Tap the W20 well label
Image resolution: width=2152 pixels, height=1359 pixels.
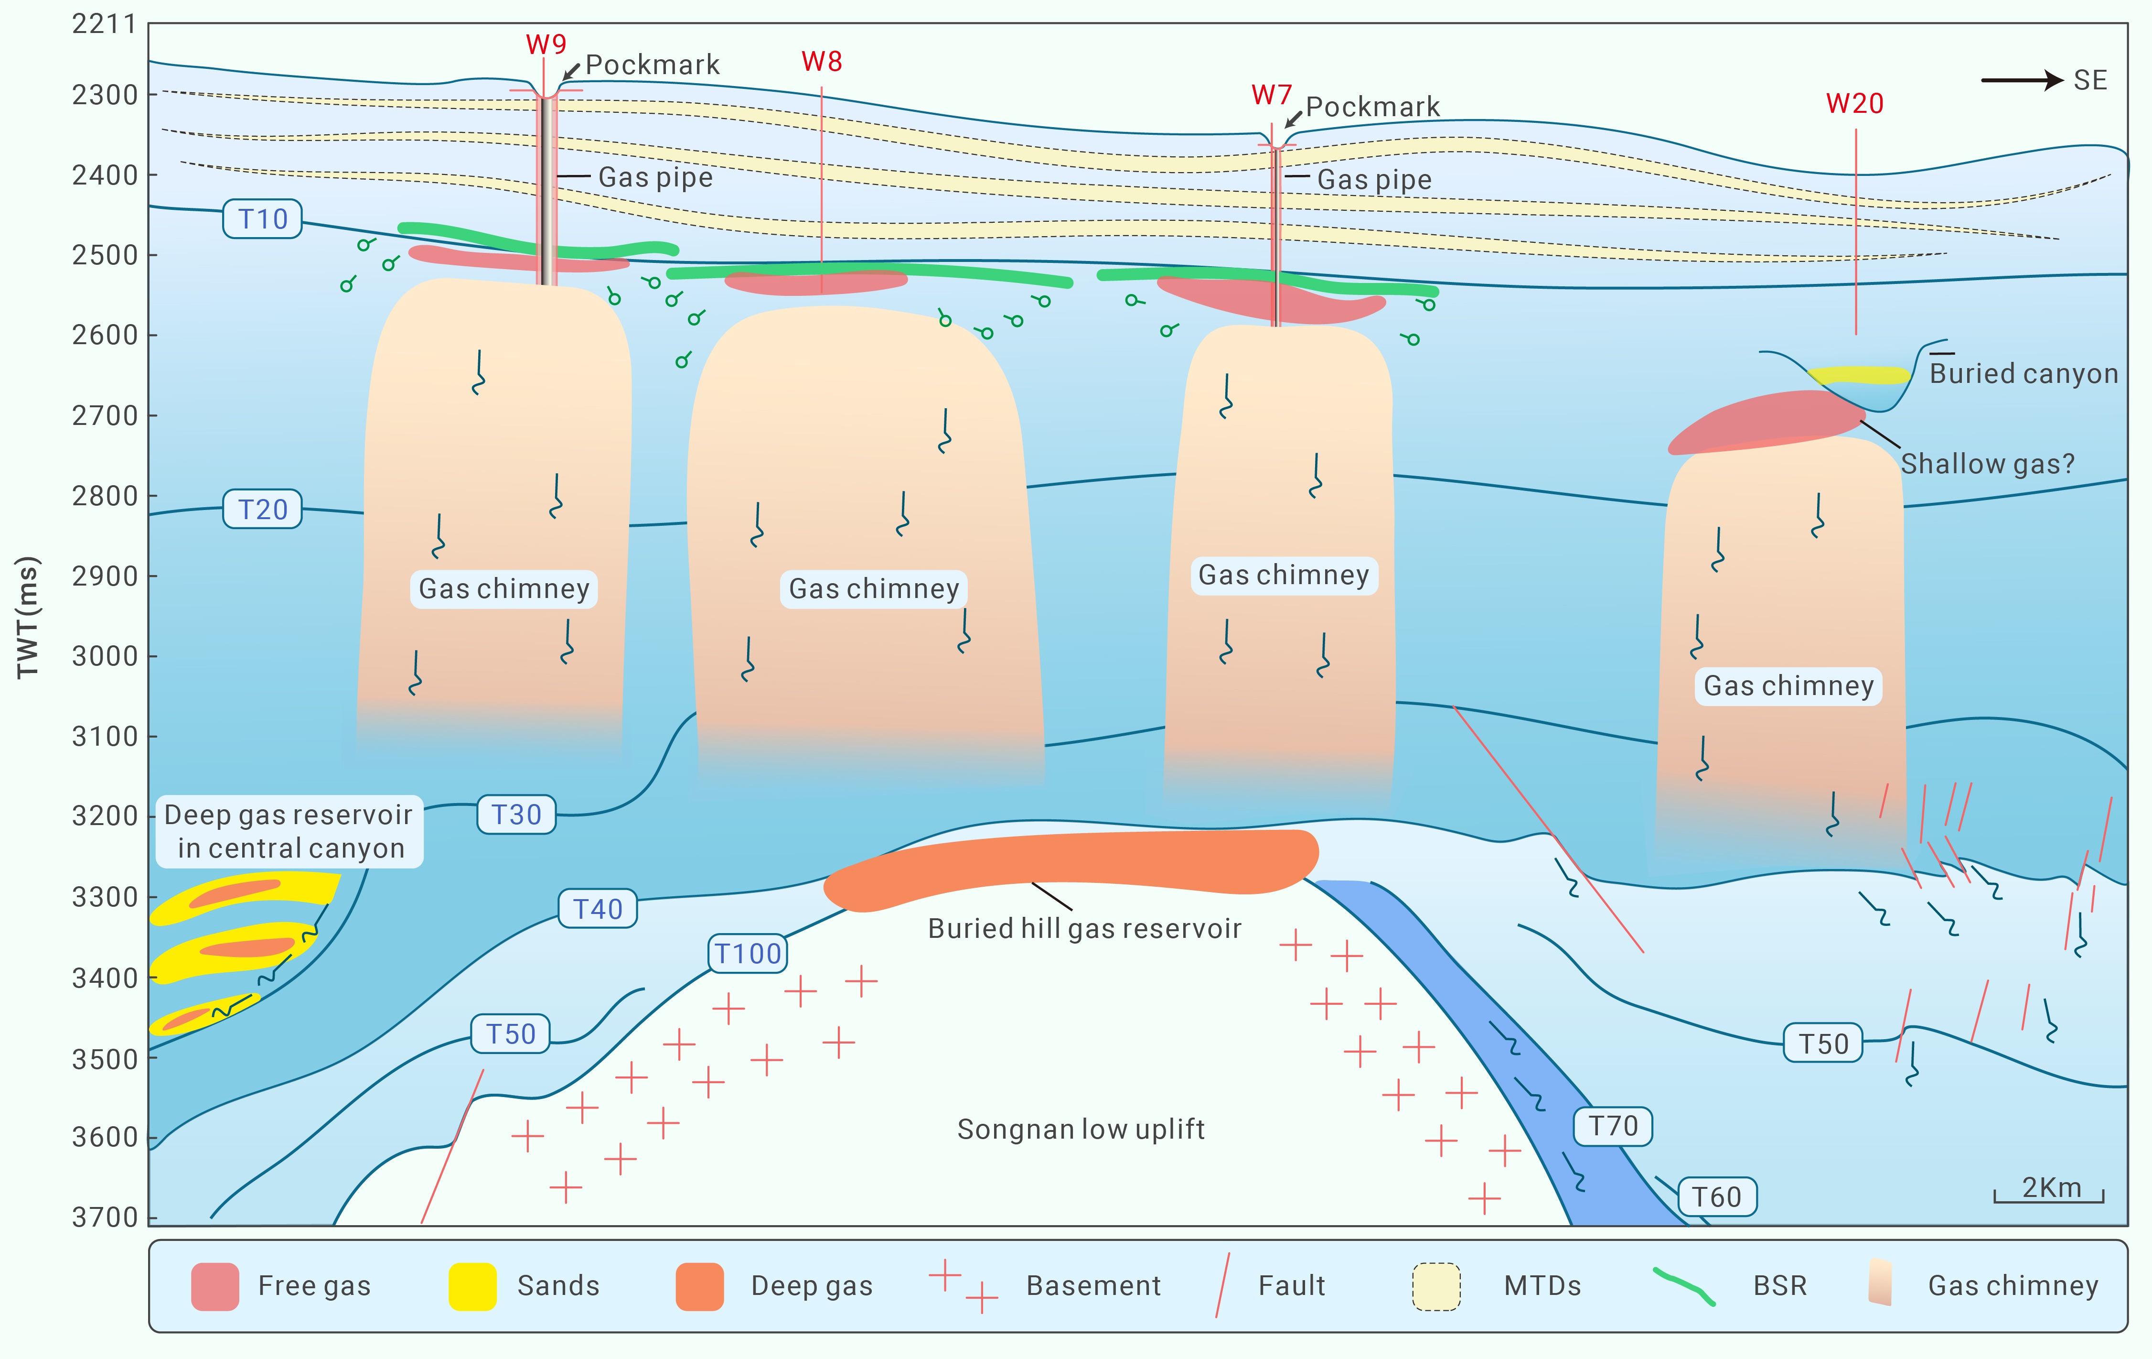click(x=1854, y=104)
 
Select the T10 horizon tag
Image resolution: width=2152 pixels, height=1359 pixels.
click(x=263, y=219)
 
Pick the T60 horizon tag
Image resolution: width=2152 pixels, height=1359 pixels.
click(x=1717, y=1197)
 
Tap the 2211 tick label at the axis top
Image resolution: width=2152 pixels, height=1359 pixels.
click(x=105, y=24)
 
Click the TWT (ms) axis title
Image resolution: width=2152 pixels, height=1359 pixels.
click(x=28, y=617)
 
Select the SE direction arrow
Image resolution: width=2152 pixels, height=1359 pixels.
click(x=2022, y=80)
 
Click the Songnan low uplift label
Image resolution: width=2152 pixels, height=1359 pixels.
click(x=1081, y=1129)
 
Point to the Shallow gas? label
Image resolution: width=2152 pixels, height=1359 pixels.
click(x=1987, y=464)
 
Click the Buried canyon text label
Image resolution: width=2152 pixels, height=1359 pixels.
click(x=2024, y=374)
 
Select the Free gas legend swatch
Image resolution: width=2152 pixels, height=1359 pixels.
click(x=214, y=1286)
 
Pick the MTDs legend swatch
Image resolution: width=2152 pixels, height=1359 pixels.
click(x=1436, y=1286)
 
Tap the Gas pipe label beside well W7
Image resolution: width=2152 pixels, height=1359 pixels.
click(x=1373, y=180)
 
